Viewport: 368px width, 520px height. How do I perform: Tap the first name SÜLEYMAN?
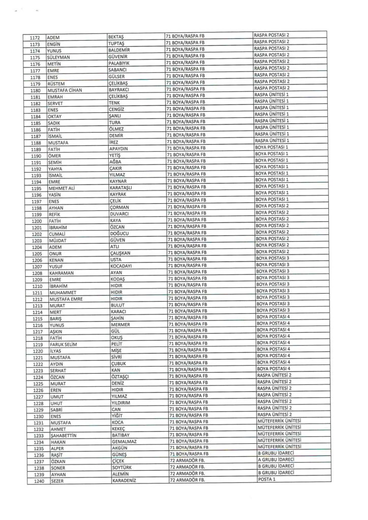[x=58, y=57]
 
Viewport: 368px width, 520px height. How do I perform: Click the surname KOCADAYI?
[x=122, y=266]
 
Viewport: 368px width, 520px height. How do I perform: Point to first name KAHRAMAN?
[x=61, y=272]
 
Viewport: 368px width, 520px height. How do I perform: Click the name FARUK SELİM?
[x=62, y=344]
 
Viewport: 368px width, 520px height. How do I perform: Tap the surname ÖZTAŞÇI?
[x=120, y=377]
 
